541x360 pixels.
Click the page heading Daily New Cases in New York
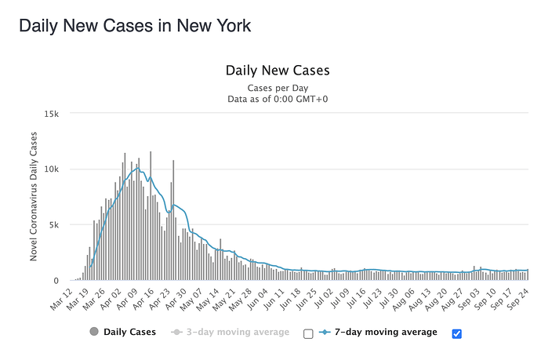[x=135, y=25]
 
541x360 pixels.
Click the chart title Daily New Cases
[x=278, y=71]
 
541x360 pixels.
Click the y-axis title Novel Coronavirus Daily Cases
[x=34, y=197]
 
